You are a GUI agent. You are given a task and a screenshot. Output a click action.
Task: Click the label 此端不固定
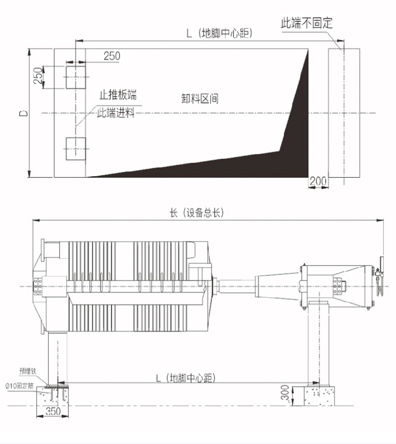(x=306, y=23)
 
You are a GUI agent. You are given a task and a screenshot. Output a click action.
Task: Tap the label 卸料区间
(x=200, y=98)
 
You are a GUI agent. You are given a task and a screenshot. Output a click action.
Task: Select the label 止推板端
(x=118, y=95)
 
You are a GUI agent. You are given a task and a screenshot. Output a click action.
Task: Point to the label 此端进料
(x=115, y=113)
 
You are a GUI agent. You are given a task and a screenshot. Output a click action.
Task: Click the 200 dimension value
(x=318, y=181)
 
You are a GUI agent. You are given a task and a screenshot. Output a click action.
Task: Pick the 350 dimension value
(x=53, y=411)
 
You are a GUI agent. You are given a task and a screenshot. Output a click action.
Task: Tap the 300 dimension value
(x=285, y=392)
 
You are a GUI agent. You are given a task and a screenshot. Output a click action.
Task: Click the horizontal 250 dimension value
(x=112, y=56)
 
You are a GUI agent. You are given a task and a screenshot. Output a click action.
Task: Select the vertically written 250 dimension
(x=38, y=75)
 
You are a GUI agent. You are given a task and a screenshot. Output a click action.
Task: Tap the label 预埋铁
(x=28, y=371)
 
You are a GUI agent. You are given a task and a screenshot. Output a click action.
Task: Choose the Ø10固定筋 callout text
(x=20, y=386)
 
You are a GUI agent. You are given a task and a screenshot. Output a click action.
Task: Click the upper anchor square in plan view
(x=76, y=77)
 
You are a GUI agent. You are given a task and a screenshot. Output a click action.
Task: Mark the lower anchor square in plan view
(x=76, y=149)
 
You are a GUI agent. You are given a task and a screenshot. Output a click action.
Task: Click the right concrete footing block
(x=319, y=396)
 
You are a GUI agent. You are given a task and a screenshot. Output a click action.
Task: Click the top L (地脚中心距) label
(x=219, y=33)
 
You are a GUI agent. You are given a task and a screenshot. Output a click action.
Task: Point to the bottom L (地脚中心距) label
(x=186, y=378)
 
